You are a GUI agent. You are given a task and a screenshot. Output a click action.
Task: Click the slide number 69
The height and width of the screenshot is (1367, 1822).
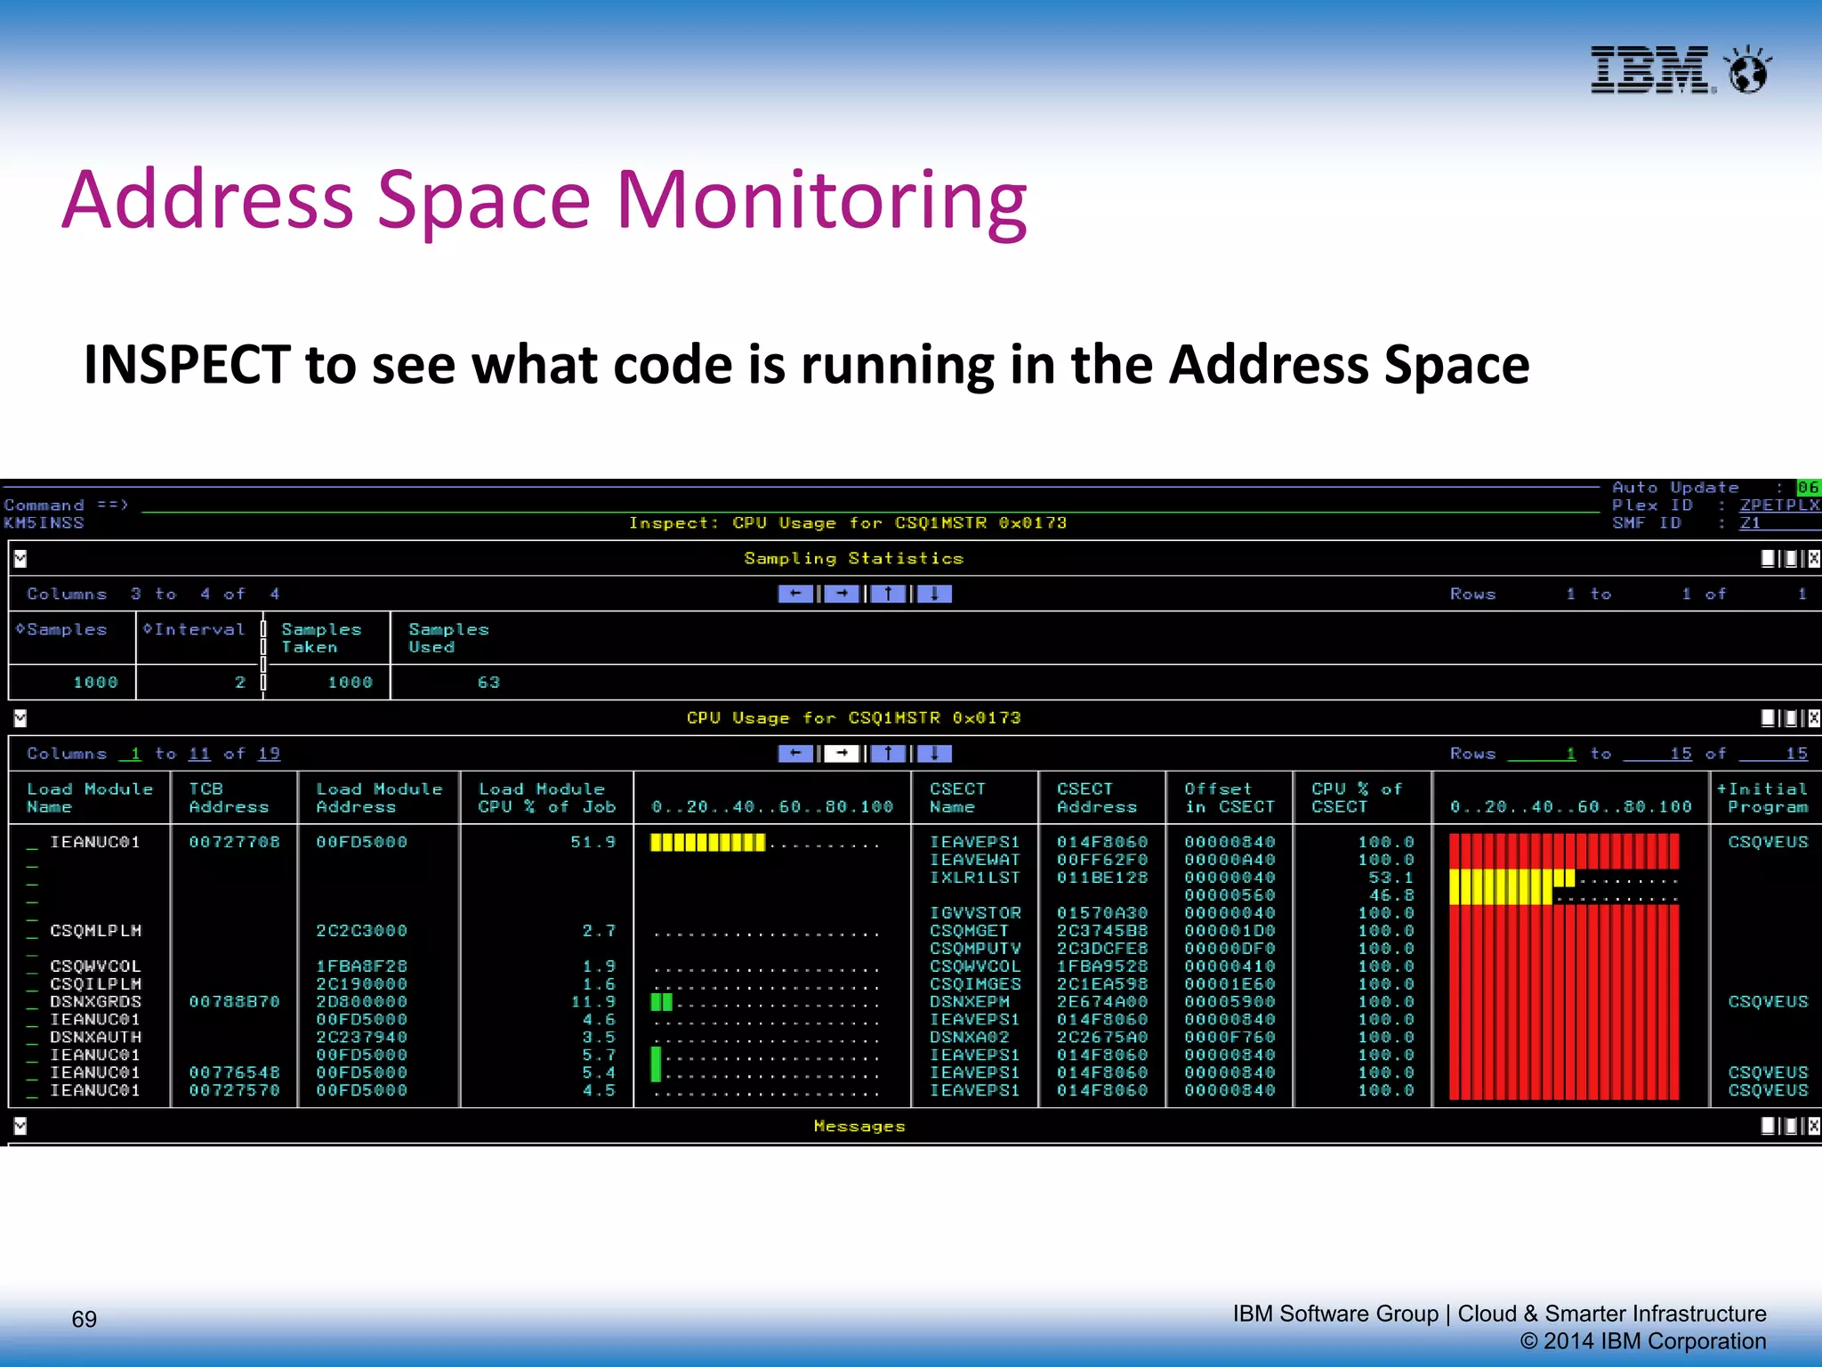[x=84, y=1319]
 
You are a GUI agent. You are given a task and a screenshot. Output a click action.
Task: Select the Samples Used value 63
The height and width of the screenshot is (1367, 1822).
[x=488, y=683]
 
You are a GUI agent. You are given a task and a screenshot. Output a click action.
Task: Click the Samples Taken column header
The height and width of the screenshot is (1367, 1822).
[x=321, y=638]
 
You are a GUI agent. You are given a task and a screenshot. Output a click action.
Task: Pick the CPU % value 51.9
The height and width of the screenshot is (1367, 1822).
[x=593, y=842]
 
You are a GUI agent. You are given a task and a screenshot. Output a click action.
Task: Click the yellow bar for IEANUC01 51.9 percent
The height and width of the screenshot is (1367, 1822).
[x=707, y=842]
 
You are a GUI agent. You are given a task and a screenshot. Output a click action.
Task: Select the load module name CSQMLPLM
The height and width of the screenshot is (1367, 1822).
[x=95, y=931]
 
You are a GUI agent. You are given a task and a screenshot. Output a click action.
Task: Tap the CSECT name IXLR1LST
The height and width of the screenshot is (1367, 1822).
[x=975, y=878]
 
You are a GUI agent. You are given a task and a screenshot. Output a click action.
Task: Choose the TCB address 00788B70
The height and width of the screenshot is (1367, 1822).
[x=234, y=1002]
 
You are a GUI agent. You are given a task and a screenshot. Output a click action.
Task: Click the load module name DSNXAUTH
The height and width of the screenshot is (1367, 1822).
[x=95, y=1038]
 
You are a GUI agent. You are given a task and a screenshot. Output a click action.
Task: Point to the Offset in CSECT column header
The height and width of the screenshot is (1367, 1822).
[x=1229, y=798]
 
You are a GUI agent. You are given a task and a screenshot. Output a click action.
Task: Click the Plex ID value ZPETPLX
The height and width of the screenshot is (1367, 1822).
[x=1779, y=505]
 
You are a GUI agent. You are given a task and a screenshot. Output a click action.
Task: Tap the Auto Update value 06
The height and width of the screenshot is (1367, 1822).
[x=1808, y=488]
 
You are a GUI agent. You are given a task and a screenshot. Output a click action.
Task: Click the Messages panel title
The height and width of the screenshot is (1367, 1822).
[x=859, y=1127]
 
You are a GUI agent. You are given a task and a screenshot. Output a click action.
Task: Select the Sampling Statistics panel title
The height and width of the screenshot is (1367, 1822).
[x=853, y=559]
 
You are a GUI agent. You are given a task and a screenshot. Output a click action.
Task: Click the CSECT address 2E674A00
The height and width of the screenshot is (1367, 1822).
[x=1101, y=1002]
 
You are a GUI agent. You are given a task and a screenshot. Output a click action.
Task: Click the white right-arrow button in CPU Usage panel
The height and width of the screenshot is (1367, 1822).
[x=842, y=754]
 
